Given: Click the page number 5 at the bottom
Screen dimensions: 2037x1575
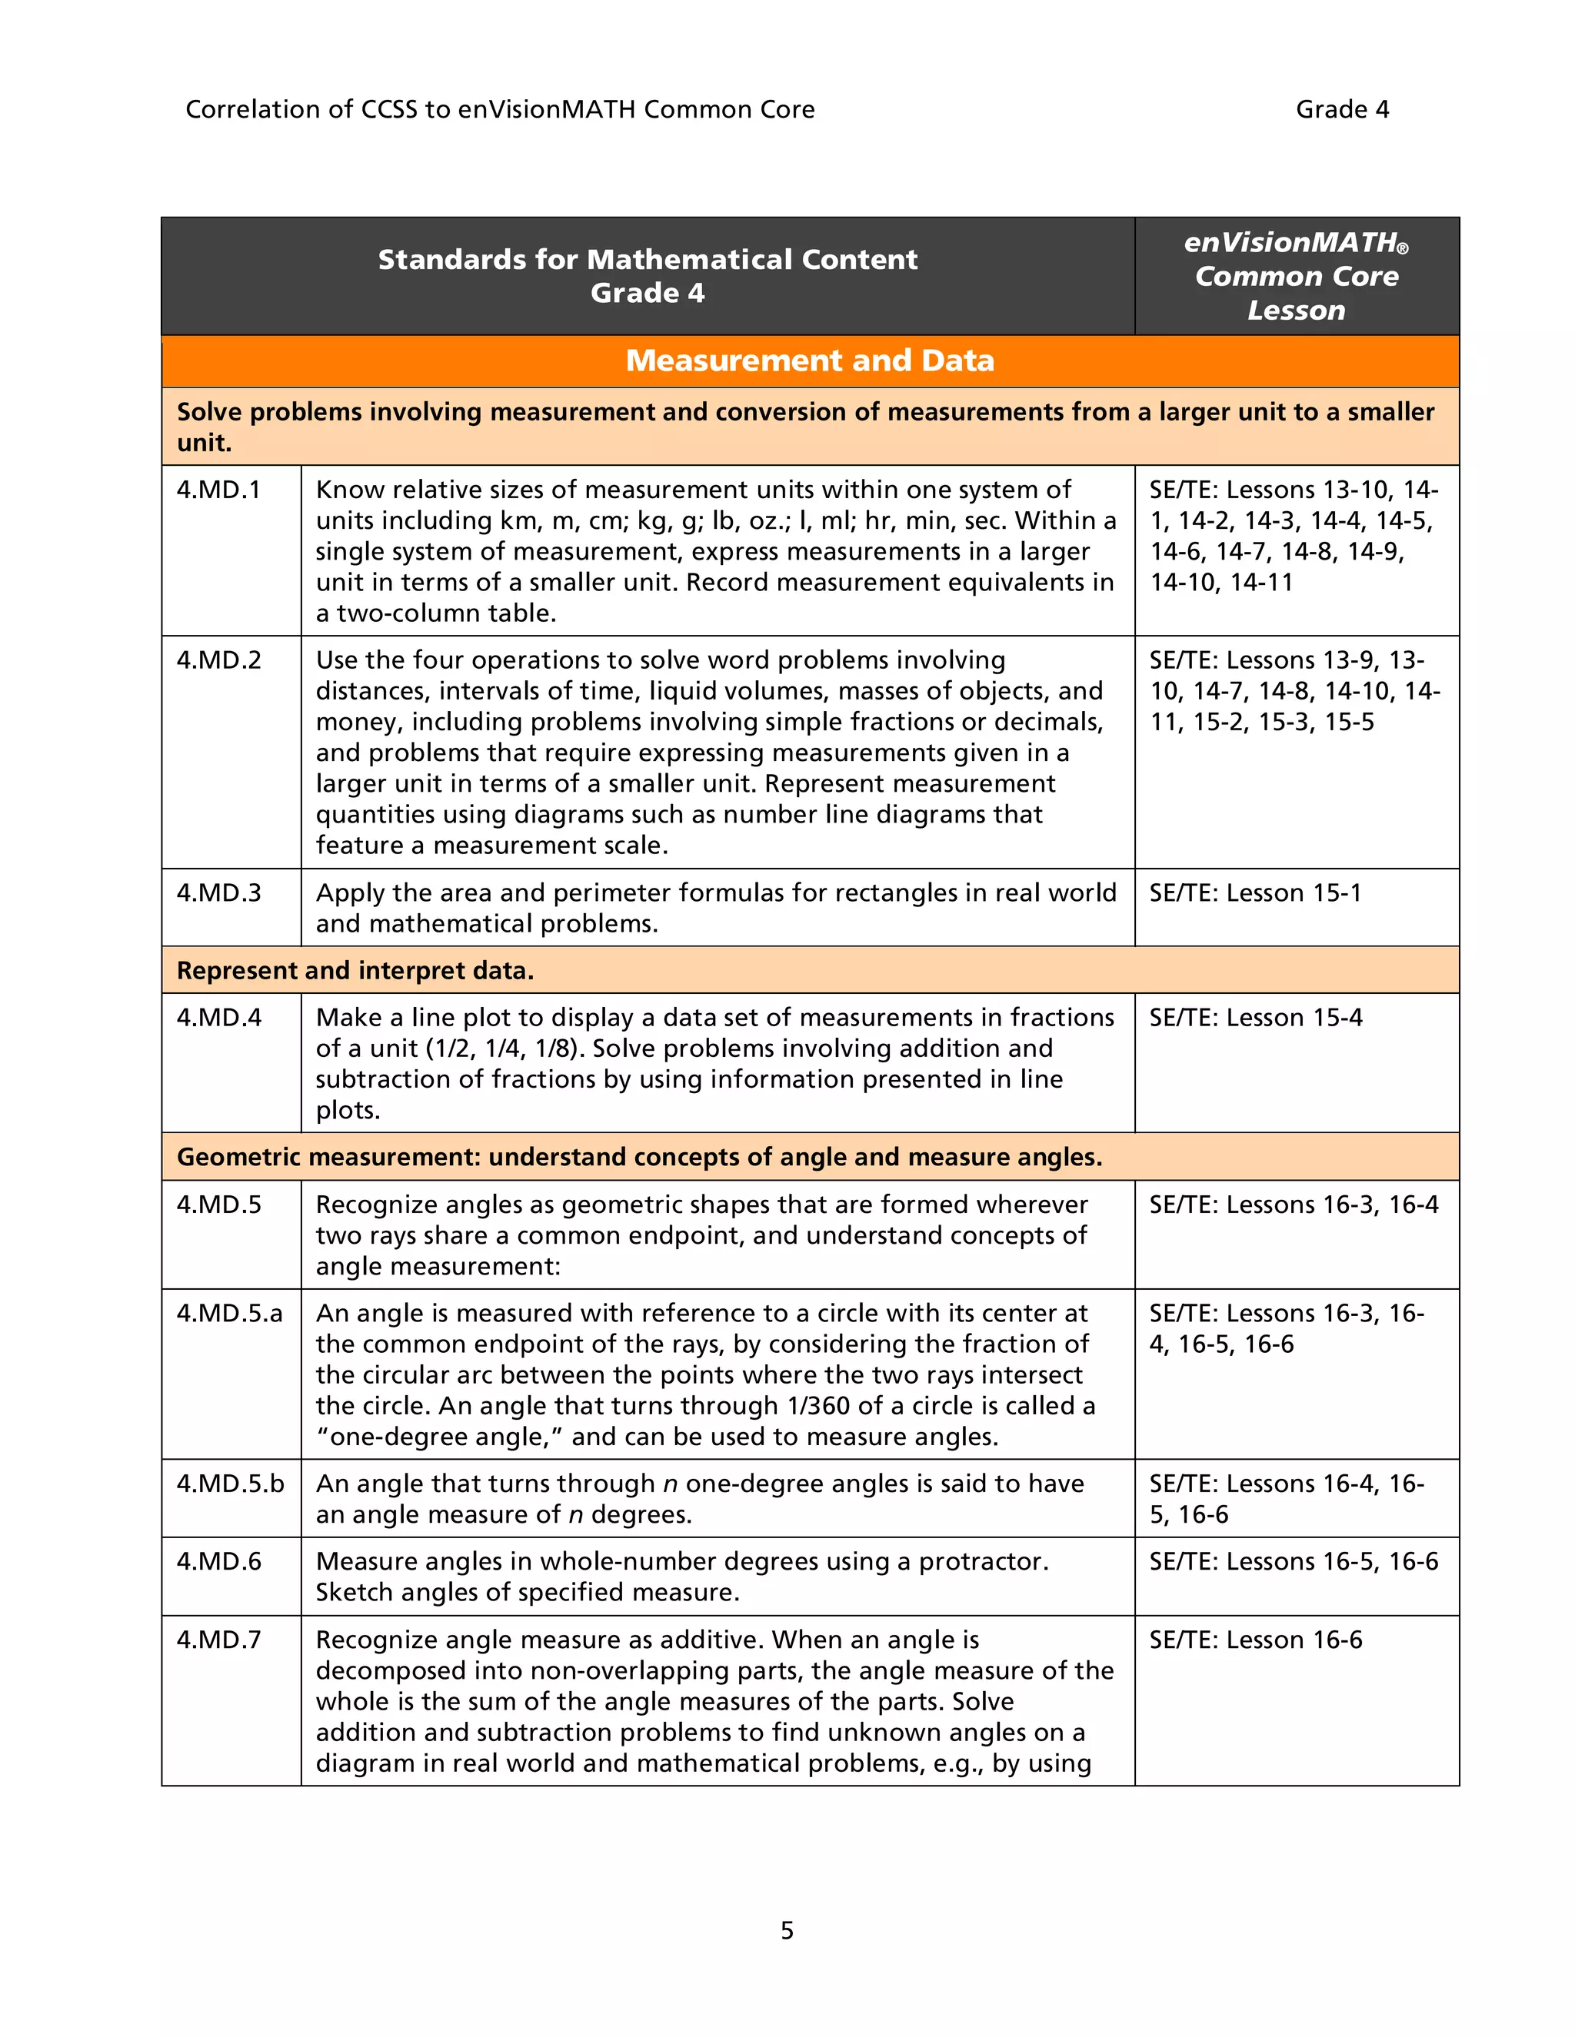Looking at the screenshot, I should tap(787, 1929).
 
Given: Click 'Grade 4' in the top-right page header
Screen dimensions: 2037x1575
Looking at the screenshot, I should tap(1342, 109).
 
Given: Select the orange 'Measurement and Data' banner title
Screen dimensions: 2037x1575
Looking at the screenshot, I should tap(810, 360).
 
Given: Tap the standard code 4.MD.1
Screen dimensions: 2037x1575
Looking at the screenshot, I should tap(218, 490).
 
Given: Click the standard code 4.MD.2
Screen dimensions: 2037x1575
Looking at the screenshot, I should tap(218, 660).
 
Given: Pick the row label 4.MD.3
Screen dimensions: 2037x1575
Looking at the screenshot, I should tap(218, 892).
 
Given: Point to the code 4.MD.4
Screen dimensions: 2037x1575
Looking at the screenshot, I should tap(218, 1017).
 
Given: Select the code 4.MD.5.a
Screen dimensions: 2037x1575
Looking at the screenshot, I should tap(228, 1313).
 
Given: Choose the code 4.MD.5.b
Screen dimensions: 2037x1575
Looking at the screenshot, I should tap(229, 1483).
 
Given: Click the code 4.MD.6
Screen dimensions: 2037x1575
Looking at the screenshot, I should tap(218, 1561).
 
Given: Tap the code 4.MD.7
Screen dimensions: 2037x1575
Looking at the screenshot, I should tap(218, 1640).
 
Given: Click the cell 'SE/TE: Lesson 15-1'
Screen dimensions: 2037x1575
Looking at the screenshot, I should tap(1255, 892).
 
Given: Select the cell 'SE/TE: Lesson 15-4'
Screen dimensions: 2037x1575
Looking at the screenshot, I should tap(1255, 1017).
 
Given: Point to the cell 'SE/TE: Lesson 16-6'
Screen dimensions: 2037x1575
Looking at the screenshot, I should tap(1255, 1640).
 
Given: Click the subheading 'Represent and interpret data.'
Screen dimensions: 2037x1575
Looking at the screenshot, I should tap(355, 970).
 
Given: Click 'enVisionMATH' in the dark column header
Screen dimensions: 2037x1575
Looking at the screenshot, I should tap(1290, 242).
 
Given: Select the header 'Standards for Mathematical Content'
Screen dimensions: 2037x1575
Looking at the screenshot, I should tap(648, 259).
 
